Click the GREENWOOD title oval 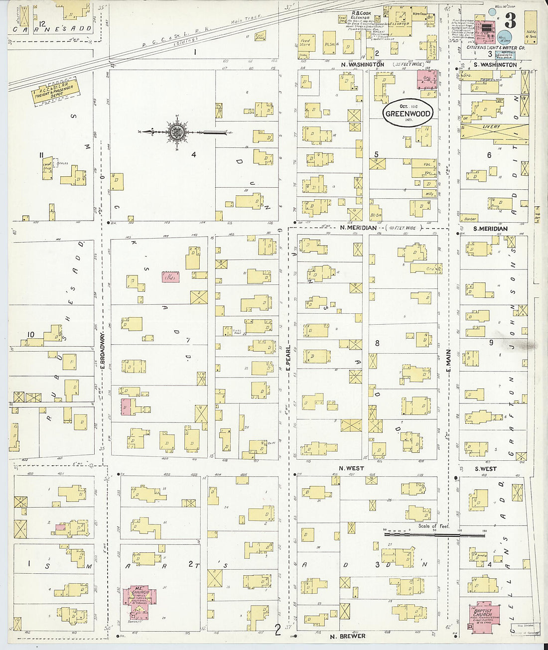click(408, 113)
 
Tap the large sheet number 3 click(510, 21)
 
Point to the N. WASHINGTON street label click(362, 65)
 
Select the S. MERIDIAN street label click(490, 229)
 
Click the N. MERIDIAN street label click(358, 228)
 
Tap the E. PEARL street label click(288, 358)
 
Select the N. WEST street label click(351, 468)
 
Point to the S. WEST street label click(485, 469)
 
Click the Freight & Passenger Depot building click(54, 93)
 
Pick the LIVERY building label click(491, 127)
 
